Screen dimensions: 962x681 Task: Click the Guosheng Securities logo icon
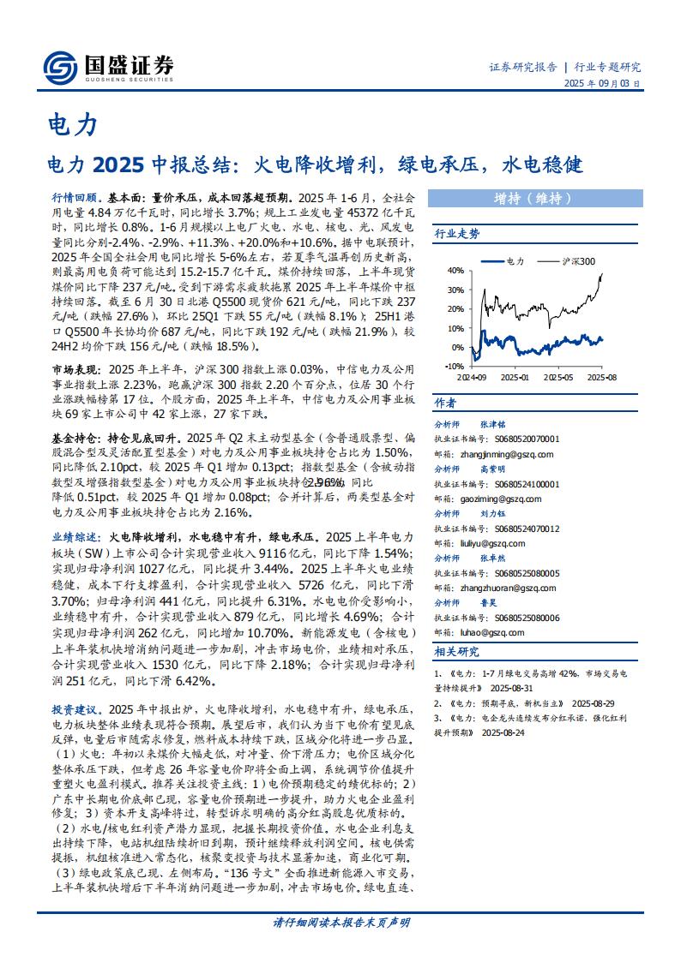(x=59, y=66)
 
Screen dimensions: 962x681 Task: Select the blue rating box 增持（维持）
(x=532, y=198)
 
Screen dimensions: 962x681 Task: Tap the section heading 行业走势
(x=457, y=233)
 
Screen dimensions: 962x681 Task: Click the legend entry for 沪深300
(x=580, y=260)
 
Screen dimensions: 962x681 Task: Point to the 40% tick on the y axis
(x=455, y=271)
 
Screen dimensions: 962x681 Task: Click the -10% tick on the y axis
(x=454, y=364)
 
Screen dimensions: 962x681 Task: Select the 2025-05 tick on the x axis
(x=558, y=376)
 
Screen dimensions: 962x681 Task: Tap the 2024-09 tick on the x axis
(x=471, y=376)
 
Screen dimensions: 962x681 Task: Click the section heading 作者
(x=445, y=403)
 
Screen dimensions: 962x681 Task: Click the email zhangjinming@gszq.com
(x=494, y=454)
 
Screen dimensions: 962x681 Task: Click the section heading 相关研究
(x=457, y=652)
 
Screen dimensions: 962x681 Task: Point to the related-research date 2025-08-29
(x=595, y=702)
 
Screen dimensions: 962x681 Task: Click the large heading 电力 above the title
(x=71, y=126)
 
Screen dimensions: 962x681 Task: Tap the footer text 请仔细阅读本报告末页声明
(x=340, y=923)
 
